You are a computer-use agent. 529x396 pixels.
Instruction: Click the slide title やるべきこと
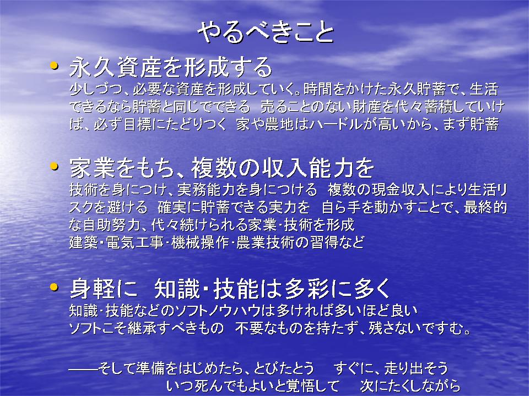[x=266, y=32]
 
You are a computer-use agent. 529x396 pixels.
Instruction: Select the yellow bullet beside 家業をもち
[x=54, y=166]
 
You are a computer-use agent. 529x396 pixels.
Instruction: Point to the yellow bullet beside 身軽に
[x=54, y=287]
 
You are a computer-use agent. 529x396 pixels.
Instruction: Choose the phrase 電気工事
[x=135, y=243]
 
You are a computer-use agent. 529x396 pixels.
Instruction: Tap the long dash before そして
[x=83, y=369]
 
